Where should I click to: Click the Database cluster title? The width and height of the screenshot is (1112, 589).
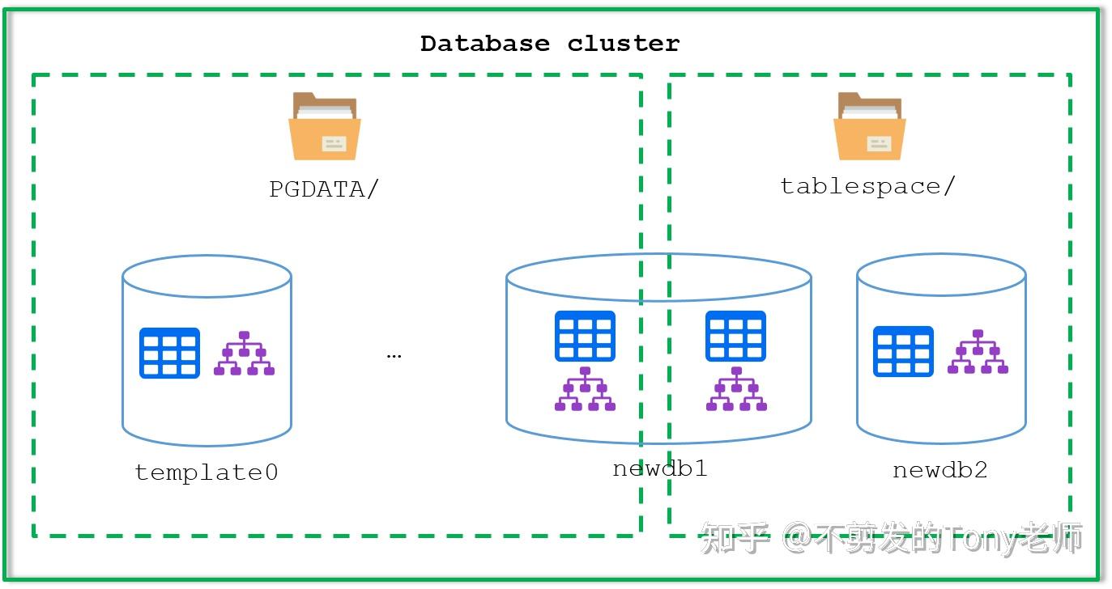tap(550, 44)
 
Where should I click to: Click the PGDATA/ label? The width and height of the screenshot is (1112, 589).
tap(324, 189)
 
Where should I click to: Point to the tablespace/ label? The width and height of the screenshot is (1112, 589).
tap(867, 186)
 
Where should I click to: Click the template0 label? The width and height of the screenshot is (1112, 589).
tap(207, 472)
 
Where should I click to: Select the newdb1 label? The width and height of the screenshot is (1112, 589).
tap(659, 468)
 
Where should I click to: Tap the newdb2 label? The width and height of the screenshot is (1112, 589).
tap(939, 469)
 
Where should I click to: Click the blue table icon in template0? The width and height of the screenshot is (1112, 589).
tap(169, 353)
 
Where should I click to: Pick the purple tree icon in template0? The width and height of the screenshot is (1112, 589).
tap(244, 354)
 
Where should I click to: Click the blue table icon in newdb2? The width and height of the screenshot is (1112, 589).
tap(903, 351)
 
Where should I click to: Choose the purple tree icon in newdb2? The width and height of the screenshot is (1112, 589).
tap(978, 352)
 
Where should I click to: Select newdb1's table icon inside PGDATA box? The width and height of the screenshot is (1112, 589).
tap(585, 336)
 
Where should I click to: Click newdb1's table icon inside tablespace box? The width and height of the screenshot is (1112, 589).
tap(735, 336)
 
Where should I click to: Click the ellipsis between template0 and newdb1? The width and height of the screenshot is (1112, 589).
tap(394, 355)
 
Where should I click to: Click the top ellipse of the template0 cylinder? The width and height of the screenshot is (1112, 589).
tap(207, 276)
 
